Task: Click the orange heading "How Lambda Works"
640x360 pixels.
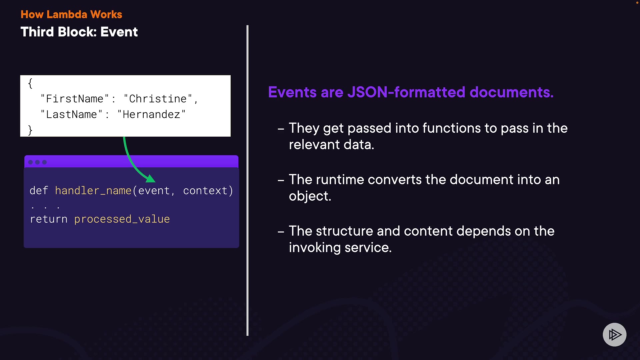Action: (71, 14)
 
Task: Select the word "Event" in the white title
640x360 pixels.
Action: (119, 32)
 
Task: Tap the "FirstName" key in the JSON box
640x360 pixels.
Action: (75, 99)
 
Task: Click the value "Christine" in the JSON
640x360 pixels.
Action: (158, 99)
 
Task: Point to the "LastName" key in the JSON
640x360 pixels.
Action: (71, 114)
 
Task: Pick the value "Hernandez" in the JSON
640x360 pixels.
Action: (151, 114)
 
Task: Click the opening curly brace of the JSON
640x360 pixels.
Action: (30, 83)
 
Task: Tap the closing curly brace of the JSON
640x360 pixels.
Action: (30, 130)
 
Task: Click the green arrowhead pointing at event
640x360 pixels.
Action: (151, 179)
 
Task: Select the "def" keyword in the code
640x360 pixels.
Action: (39, 191)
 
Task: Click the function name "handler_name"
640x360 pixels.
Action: (93, 191)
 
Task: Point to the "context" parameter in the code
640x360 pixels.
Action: (205, 191)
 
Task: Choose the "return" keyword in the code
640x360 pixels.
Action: (49, 219)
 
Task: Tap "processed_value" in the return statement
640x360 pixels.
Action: (122, 219)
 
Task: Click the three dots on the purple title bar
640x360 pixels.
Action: (37, 162)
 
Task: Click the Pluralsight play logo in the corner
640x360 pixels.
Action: (615, 335)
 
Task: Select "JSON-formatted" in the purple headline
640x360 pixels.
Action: (406, 92)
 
